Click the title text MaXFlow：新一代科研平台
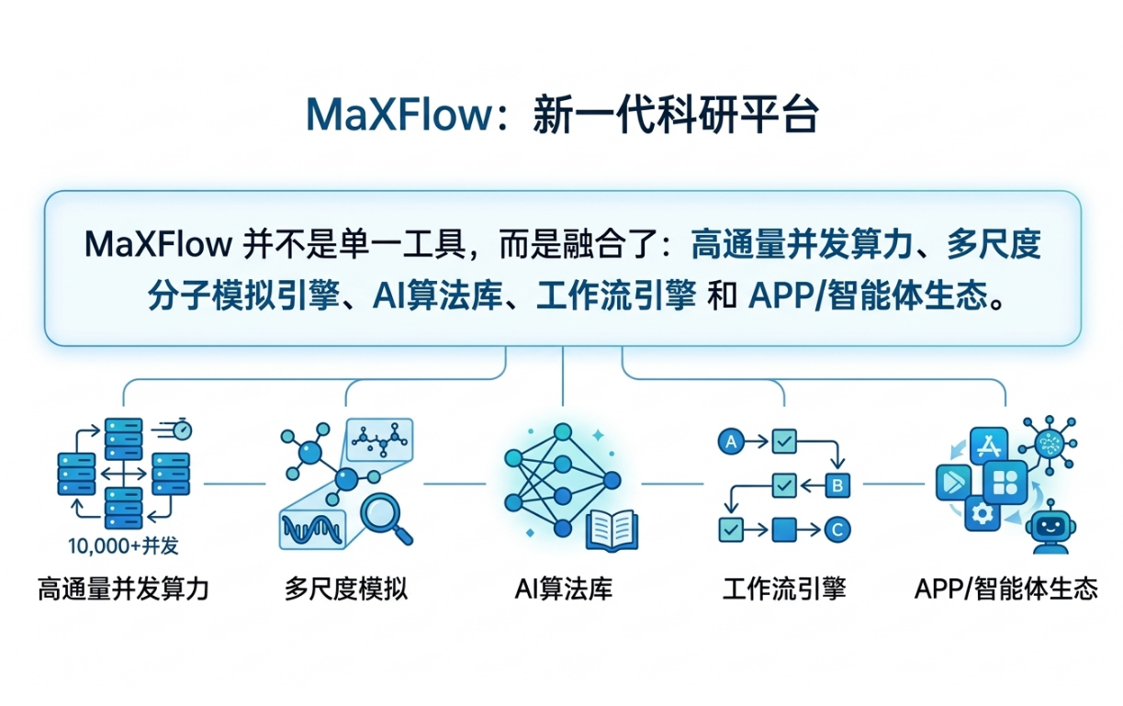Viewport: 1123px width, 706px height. [x=561, y=116]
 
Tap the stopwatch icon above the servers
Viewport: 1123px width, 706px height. [x=182, y=428]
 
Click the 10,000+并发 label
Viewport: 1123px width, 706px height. [x=123, y=545]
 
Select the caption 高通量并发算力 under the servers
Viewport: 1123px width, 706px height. [x=123, y=588]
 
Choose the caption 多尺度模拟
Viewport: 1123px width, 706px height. [x=345, y=588]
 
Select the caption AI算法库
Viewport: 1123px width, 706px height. [x=563, y=588]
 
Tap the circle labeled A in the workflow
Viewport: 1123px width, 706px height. [x=732, y=442]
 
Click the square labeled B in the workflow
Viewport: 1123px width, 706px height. [x=837, y=484]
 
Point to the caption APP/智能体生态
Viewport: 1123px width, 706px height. [x=1006, y=588]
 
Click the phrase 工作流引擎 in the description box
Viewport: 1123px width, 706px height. [x=616, y=297]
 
